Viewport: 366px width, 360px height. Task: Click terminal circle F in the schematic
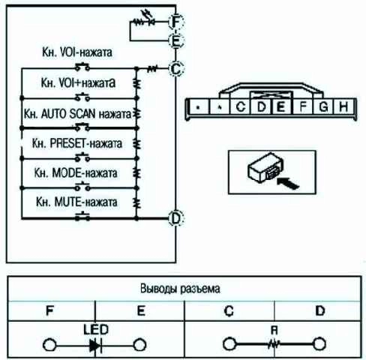tap(176, 22)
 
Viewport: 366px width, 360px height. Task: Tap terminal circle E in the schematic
tap(176, 40)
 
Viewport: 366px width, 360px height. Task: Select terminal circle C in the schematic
tap(176, 68)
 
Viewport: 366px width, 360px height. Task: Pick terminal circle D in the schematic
tap(176, 218)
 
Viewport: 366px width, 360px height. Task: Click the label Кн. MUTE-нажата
tap(76, 202)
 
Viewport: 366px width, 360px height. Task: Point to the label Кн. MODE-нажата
tap(76, 172)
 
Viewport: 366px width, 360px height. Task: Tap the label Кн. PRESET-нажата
tap(77, 143)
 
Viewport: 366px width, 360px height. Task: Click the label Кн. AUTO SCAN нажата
tap(77, 114)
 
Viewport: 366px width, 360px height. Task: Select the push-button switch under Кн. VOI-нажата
tap(82, 67)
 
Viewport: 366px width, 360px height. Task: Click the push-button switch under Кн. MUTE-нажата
tap(82, 216)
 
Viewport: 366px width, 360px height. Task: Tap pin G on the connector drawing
tap(324, 106)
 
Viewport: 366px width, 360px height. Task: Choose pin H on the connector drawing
tap(343, 106)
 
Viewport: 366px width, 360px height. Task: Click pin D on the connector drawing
tap(262, 106)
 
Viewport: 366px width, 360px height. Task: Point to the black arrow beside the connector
tap(288, 183)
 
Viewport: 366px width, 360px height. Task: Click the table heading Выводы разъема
tap(180, 289)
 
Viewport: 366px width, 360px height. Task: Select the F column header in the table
tap(50, 310)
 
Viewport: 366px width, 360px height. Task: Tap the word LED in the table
tap(96, 329)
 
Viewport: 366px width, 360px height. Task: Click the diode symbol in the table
tap(96, 346)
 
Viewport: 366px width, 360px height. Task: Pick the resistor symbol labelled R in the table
tap(274, 345)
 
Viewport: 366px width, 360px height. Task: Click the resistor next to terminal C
tap(152, 68)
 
